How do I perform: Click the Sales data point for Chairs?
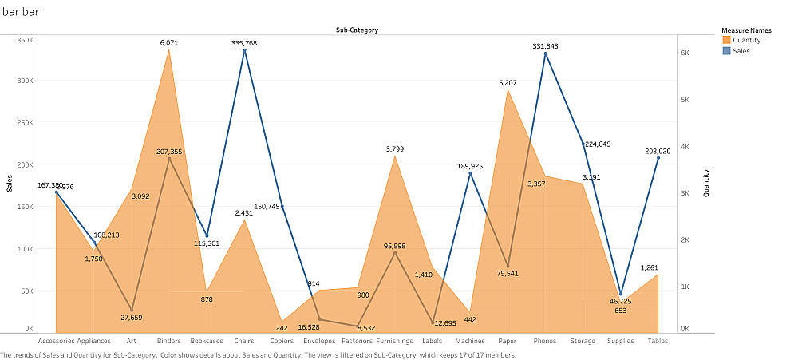tap(244, 51)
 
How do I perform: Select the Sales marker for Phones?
tap(546, 53)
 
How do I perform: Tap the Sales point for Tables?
tap(658, 158)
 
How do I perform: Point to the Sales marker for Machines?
tap(470, 173)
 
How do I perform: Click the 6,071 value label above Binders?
tap(168, 43)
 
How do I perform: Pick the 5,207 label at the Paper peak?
tap(508, 83)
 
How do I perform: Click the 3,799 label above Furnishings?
tap(395, 149)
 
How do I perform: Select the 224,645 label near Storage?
tap(603, 144)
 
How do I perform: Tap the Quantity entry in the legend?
tap(746, 40)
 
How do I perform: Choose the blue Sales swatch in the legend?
tap(726, 51)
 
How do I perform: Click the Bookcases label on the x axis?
tap(207, 341)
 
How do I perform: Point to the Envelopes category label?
tap(319, 341)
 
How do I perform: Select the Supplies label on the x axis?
tap(620, 341)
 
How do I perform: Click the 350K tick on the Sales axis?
tap(24, 39)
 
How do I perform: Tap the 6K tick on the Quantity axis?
tap(685, 53)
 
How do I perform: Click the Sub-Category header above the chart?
tap(357, 30)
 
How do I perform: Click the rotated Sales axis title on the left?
tap(10, 184)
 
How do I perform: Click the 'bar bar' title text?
tap(21, 12)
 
